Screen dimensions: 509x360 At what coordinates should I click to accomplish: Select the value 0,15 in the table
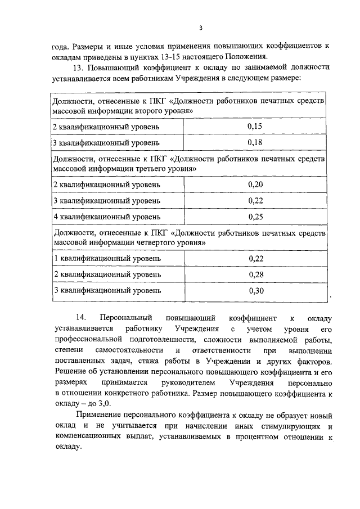pos(255,127)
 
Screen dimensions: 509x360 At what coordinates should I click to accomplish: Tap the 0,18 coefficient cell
pos(255,142)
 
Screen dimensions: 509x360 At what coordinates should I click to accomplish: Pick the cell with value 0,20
pos(255,184)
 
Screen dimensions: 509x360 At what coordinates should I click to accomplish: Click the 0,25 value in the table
pos(255,217)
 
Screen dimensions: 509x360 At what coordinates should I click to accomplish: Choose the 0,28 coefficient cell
pos(255,274)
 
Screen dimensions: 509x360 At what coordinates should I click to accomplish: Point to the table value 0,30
pos(255,291)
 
